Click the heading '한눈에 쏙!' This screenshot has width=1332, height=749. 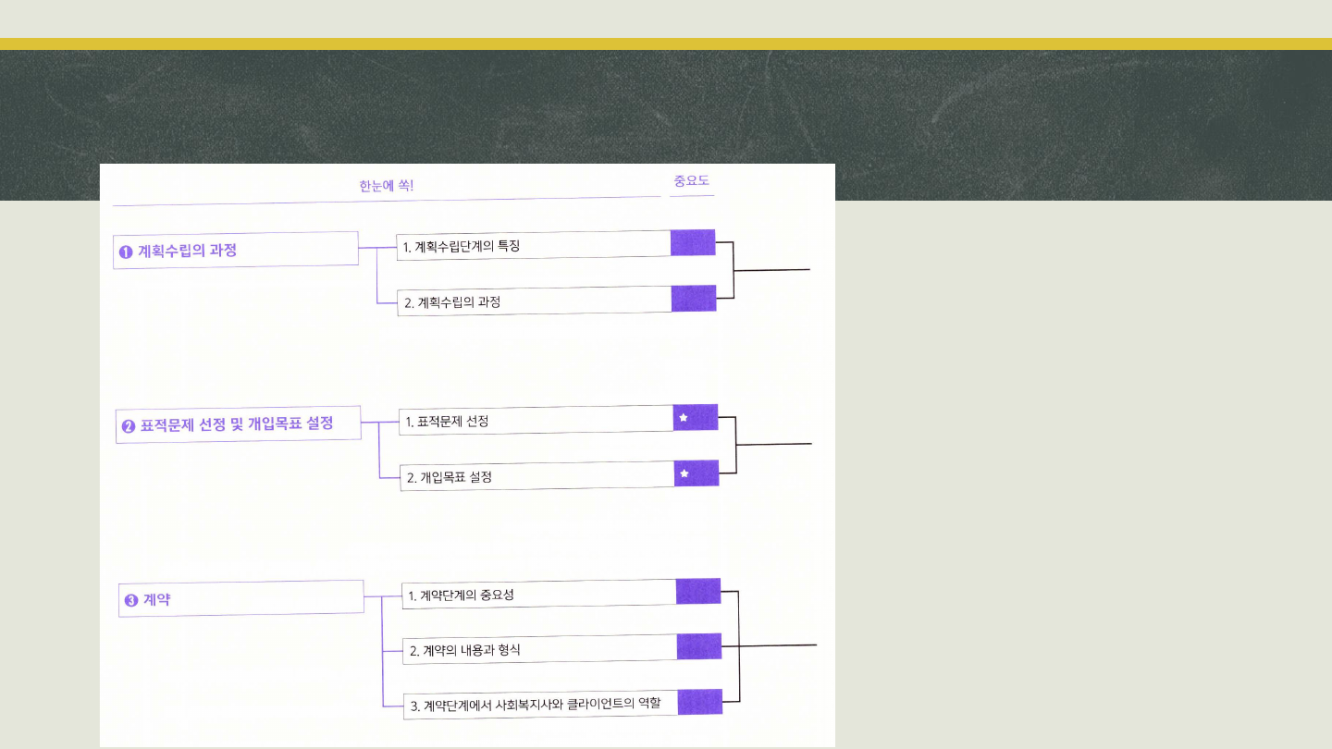point(387,186)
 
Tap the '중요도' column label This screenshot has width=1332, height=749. point(692,181)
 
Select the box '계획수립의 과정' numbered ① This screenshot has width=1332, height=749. point(236,250)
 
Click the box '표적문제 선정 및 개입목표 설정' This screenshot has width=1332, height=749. point(238,424)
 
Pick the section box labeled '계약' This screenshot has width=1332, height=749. point(241,598)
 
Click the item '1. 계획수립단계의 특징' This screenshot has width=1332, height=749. point(534,245)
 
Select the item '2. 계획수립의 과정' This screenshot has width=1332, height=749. point(535,301)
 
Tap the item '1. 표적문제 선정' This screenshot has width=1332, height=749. point(536,421)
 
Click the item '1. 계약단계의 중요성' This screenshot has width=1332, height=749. point(539,594)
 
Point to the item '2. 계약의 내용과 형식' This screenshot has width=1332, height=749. point(541,649)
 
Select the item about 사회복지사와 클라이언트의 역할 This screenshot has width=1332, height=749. point(541,704)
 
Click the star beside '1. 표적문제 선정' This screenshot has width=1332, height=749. point(684,418)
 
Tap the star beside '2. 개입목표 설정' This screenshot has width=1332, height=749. point(684,473)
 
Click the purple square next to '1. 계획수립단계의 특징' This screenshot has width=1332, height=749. point(693,242)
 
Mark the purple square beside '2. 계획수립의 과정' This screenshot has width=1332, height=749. point(694,299)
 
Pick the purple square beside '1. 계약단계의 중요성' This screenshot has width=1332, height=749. point(698,591)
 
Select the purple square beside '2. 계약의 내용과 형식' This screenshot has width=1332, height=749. point(699,646)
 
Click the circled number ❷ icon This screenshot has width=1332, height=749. point(129,426)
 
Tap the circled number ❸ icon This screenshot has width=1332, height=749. point(131,600)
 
